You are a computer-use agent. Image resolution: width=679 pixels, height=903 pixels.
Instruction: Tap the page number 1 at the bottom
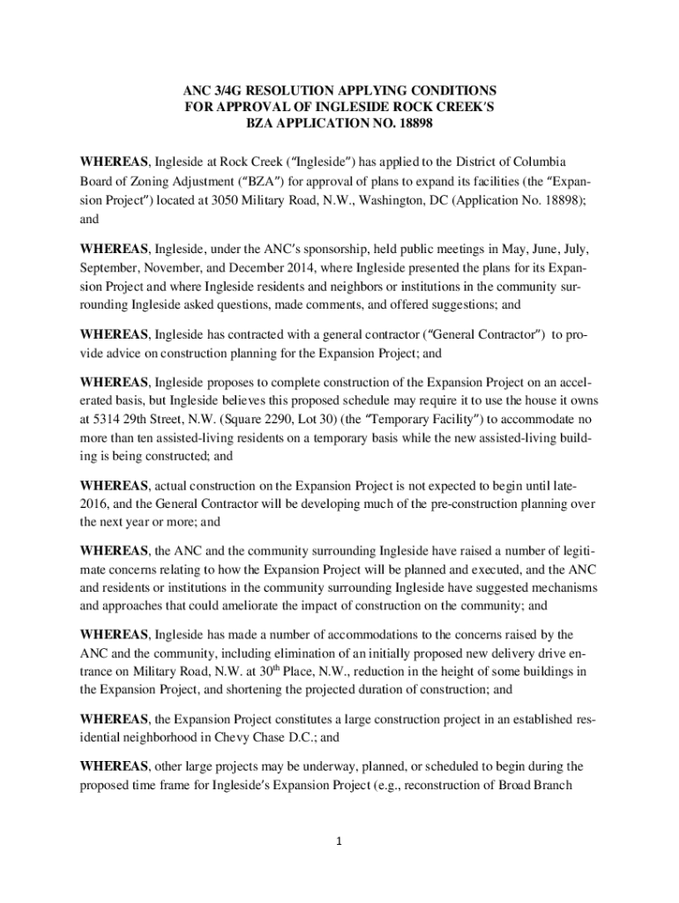(x=339, y=840)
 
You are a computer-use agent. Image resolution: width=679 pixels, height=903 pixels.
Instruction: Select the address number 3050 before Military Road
(x=228, y=200)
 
